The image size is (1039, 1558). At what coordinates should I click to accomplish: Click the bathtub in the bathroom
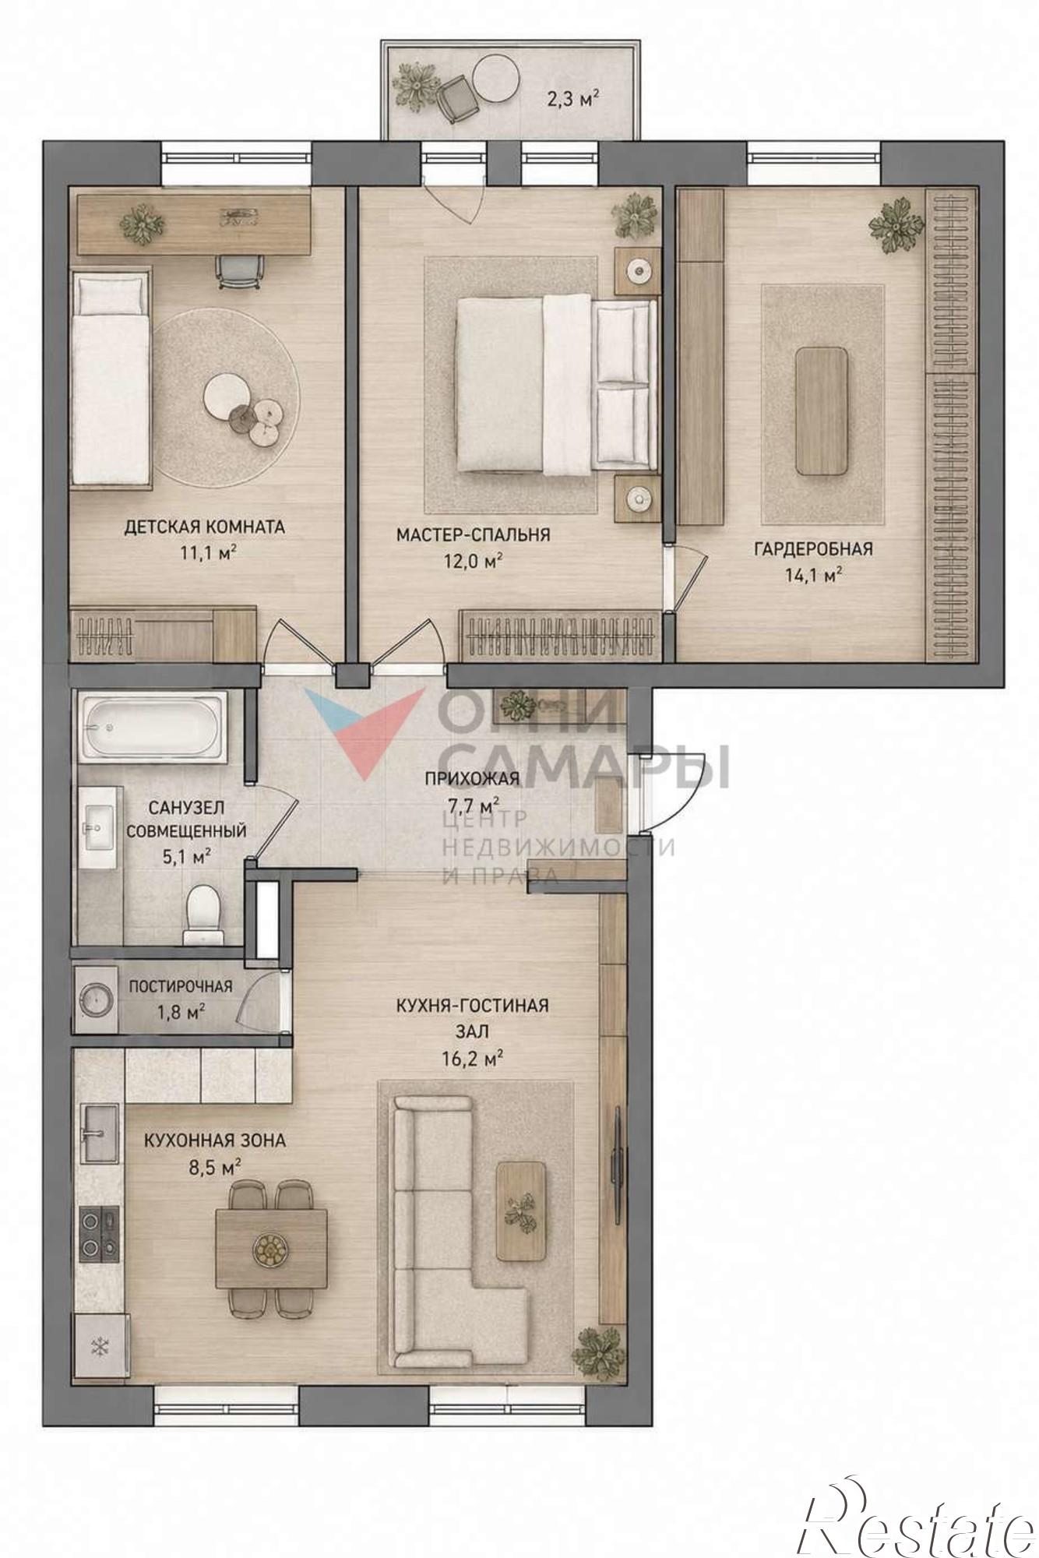pyautogui.click(x=152, y=728)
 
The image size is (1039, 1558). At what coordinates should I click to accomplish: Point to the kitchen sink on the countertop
pyautogui.click(x=99, y=1133)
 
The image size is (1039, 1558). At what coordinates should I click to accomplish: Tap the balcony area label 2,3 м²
pyautogui.click(x=572, y=99)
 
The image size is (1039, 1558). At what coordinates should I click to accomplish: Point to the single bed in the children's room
pyautogui.click(x=111, y=377)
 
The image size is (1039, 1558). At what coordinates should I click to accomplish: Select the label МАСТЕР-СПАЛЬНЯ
pyautogui.click(x=474, y=534)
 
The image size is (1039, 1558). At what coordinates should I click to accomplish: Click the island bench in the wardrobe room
pyautogui.click(x=822, y=411)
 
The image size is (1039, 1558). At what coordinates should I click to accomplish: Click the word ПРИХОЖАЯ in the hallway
pyautogui.click(x=472, y=778)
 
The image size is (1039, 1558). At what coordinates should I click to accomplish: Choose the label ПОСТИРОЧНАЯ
pyautogui.click(x=181, y=986)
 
